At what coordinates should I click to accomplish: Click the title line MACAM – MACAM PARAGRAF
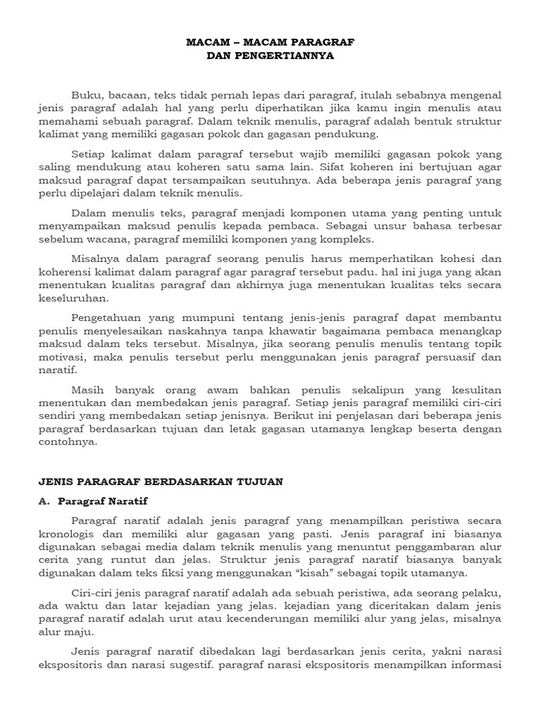pyautogui.click(x=270, y=43)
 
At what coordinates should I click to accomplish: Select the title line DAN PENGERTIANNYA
pyautogui.click(x=270, y=56)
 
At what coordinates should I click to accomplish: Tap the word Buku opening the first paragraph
pyautogui.click(x=86, y=95)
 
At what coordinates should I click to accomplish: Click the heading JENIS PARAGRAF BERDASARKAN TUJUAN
pyautogui.click(x=160, y=481)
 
